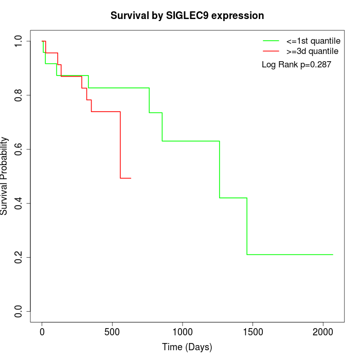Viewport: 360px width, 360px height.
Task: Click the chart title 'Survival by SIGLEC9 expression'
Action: [x=187, y=16]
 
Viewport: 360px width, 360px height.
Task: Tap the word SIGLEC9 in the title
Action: [x=187, y=16]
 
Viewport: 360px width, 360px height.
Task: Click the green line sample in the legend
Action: [x=271, y=41]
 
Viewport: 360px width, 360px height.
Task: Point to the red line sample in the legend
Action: [x=271, y=51]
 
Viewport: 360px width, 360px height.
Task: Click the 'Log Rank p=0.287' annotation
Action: [x=296, y=65]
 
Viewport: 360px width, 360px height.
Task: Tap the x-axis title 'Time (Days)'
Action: [x=187, y=347]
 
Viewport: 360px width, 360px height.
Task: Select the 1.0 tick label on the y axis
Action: [x=19, y=41]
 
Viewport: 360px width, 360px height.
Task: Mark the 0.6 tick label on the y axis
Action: [x=19, y=149]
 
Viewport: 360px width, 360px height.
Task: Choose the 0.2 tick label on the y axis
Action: [x=19, y=257]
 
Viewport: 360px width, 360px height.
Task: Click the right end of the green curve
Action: [x=333, y=255]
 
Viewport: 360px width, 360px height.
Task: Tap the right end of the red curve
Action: [x=131, y=178]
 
